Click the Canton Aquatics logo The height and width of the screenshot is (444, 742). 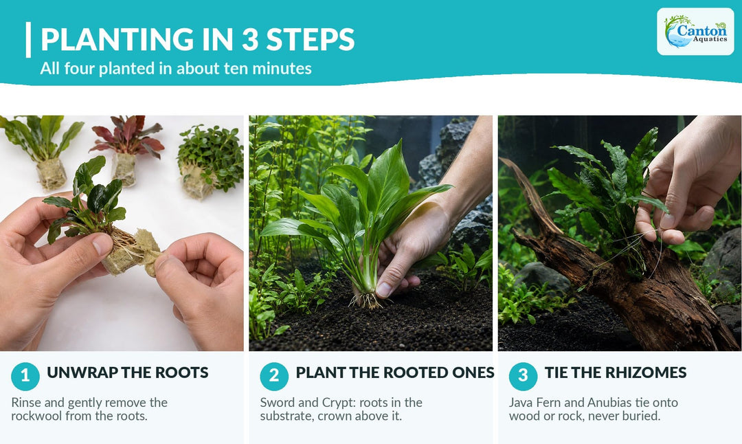click(x=695, y=31)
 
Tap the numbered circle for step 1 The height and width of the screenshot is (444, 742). click(x=25, y=377)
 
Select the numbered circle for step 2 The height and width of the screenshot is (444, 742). click(x=274, y=377)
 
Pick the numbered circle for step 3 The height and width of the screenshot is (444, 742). click(x=523, y=377)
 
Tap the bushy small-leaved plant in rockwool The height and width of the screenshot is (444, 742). click(x=210, y=154)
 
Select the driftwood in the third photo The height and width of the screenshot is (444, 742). click(x=629, y=274)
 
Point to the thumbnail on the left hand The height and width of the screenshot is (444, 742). click(x=102, y=245)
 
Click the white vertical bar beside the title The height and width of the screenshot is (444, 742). click(x=28, y=40)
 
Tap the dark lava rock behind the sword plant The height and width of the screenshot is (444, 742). click(x=449, y=156)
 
